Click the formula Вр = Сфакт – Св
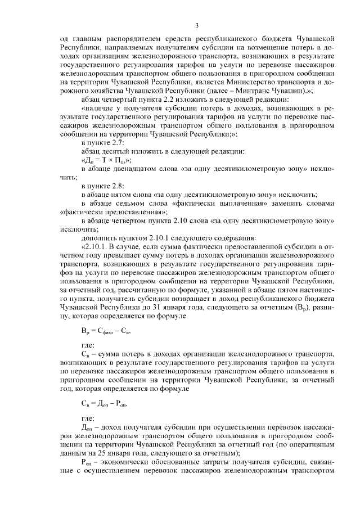[107, 331]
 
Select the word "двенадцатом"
[134, 169]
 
